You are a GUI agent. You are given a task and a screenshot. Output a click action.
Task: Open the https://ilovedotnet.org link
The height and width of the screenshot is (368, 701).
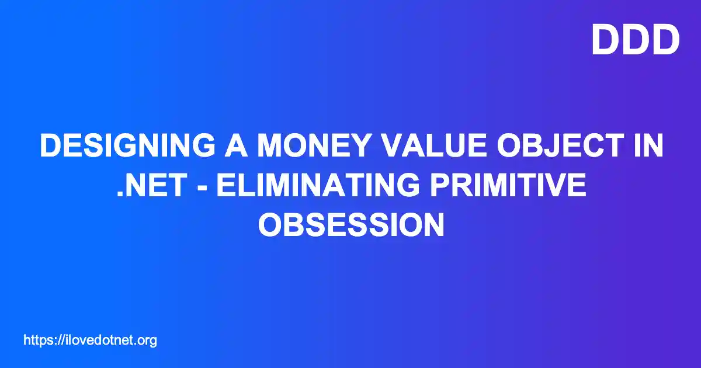pos(90,341)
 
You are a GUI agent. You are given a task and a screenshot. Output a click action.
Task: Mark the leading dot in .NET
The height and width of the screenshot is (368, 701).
pos(120,194)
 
